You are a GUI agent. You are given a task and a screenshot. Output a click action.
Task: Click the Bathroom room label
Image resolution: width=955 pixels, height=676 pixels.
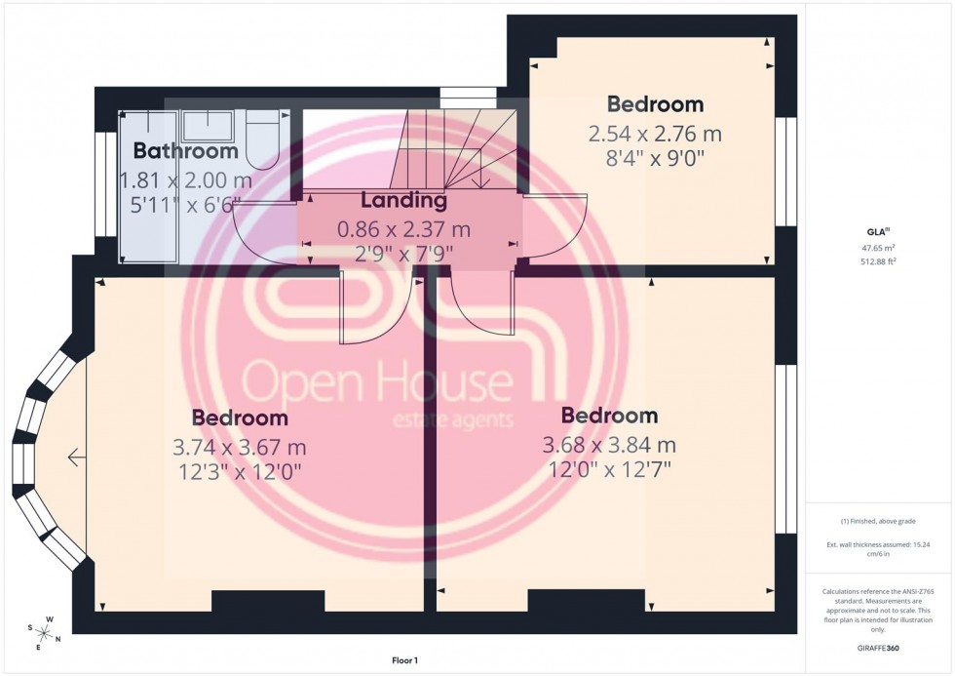coord(185,151)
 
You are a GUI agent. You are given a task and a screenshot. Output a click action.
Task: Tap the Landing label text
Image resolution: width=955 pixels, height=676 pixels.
coord(403,201)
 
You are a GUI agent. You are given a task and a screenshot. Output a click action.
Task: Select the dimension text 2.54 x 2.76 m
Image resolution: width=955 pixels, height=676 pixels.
coord(655,134)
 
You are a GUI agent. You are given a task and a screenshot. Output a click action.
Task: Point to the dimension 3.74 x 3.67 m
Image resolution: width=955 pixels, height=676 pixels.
coord(240,448)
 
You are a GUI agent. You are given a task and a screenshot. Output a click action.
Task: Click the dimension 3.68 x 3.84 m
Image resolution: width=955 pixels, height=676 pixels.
coord(609,446)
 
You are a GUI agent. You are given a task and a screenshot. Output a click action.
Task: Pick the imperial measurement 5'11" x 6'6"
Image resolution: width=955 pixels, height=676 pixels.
coord(185,206)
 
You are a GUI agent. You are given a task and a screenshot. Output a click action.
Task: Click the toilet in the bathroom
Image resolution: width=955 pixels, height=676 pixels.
coord(263,137)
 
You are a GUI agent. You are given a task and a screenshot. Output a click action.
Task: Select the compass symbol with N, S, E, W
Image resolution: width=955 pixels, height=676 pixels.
coord(44,633)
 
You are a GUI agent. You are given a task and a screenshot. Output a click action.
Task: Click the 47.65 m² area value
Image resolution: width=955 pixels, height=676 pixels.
coord(879,249)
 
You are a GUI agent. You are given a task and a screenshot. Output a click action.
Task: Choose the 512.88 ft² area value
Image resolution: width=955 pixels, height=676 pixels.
coord(879,261)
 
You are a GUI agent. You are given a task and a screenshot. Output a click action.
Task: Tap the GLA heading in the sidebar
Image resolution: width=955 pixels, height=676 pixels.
coord(877,232)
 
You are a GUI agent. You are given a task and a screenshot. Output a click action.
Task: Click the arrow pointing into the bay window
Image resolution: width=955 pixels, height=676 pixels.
coord(76,457)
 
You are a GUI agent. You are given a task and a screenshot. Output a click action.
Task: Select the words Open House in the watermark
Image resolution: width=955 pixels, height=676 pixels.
coord(377,383)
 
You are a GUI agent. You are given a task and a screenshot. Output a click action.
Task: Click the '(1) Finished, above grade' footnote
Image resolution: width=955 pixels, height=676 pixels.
coord(879,521)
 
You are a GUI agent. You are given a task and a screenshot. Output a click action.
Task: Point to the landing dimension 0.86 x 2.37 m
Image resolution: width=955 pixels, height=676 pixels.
coord(403,230)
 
